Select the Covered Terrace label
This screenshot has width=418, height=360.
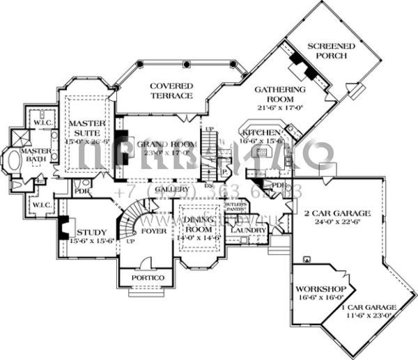[171, 91]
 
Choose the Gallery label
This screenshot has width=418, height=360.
[171, 189]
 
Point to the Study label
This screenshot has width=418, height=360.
[91, 233]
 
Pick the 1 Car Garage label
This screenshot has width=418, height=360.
[369, 306]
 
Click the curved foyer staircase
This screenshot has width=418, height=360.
[137, 215]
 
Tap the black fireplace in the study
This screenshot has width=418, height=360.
[63, 228]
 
